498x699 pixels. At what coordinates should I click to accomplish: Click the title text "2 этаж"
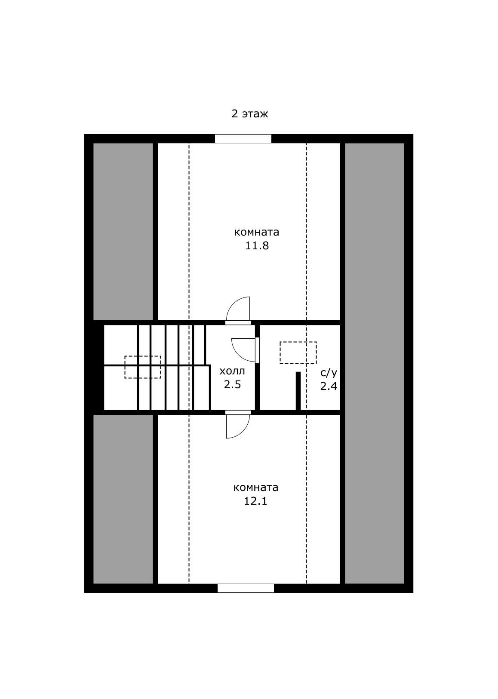pos(249,114)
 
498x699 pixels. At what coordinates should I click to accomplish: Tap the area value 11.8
pos(257,246)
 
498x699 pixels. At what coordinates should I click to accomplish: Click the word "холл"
pos(232,371)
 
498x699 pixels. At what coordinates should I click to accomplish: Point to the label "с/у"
pos(329,373)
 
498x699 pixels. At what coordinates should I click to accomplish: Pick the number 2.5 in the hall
pos(232,384)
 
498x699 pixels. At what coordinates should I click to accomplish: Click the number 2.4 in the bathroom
pos(329,386)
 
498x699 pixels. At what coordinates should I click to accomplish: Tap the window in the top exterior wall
pos(243,138)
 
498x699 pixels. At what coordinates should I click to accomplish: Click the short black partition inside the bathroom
pos(298,391)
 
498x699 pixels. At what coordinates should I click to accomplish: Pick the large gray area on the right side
pos(374,363)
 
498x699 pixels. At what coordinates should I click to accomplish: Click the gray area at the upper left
pos(123,232)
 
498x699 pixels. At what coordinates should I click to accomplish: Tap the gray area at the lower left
pos(123,499)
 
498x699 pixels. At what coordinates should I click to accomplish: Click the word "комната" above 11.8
pos(257,233)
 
